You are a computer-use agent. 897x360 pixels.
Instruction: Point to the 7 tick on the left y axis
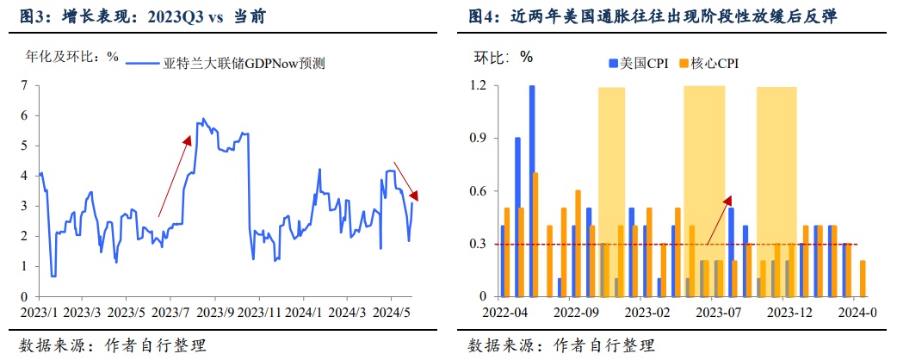tap(24, 85)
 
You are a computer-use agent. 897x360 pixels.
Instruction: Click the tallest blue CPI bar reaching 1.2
tap(532, 190)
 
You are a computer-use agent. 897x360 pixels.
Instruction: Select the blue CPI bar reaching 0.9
tap(517, 216)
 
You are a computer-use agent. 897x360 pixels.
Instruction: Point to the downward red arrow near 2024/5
tap(405, 178)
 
